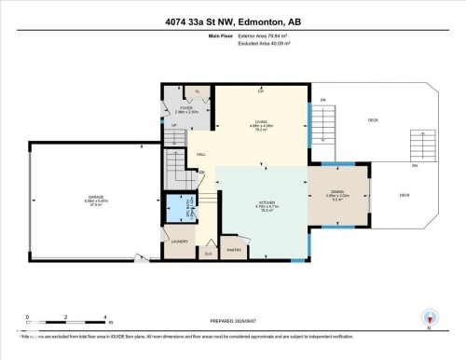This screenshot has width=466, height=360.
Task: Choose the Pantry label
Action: (x=234, y=250)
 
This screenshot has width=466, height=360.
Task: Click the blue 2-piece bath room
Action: (x=177, y=208)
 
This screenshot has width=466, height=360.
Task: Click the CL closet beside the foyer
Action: (x=198, y=90)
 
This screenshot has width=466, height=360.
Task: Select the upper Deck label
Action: (x=372, y=120)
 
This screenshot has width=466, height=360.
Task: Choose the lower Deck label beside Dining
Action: (x=404, y=195)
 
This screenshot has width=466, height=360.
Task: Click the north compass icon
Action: (x=428, y=318)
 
